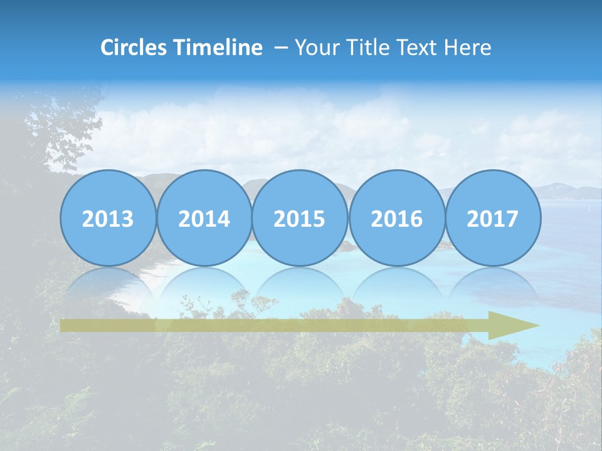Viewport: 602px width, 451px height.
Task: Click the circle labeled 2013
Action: click(108, 219)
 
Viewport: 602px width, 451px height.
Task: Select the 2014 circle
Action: click(204, 219)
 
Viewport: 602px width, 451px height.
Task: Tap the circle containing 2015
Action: click(300, 219)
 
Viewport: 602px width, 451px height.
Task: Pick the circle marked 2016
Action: click(396, 219)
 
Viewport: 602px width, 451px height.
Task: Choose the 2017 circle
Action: click(492, 219)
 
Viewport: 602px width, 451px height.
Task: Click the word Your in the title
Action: click(314, 48)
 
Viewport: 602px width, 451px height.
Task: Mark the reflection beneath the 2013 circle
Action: click(108, 285)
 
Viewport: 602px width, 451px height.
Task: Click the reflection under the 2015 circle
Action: click(300, 285)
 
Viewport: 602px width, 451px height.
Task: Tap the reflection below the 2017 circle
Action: click(492, 285)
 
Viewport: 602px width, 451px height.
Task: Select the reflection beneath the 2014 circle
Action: click(204, 285)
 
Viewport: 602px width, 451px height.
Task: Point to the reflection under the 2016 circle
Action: click(396, 285)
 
